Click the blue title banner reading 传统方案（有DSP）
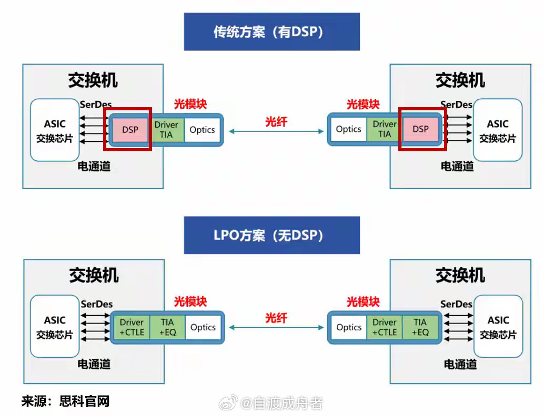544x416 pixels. [271, 32]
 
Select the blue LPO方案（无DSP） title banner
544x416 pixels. [271, 235]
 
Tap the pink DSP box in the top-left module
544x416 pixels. [130, 130]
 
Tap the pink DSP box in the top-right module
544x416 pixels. [420, 129]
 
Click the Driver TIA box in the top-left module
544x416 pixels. [166, 130]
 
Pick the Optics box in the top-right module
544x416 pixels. [348, 129]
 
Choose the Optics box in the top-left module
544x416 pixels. [202, 130]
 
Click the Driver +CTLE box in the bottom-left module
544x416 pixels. [132, 327]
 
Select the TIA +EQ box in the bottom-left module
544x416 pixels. [167, 327]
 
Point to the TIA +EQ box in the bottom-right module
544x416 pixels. [420, 327]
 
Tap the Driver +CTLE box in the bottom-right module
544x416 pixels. [385, 327]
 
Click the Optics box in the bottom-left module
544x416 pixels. [203, 327]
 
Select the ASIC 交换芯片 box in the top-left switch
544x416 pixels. [55, 130]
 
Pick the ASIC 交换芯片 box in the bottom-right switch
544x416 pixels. [498, 327]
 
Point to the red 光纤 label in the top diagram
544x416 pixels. [276, 122]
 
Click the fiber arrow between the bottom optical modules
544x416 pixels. [276, 327]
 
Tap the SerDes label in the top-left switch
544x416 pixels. [96, 105]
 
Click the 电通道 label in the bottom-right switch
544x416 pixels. [460, 364]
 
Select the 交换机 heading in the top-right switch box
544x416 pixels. [460, 80]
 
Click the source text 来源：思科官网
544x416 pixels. [65, 402]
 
